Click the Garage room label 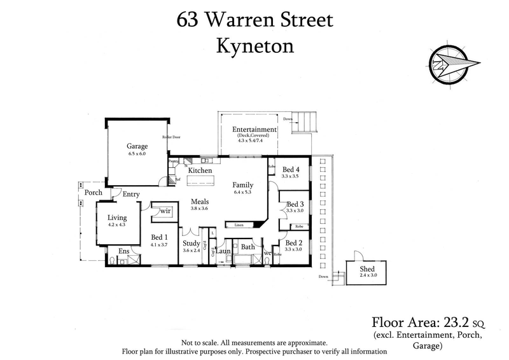click(137, 146)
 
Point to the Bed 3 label click(295, 204)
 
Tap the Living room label click(118, 218)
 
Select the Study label click(192, 244)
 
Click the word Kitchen click(200, 171)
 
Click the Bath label click(248, 247)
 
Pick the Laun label click(223, 252)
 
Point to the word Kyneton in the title click(254, 46)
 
